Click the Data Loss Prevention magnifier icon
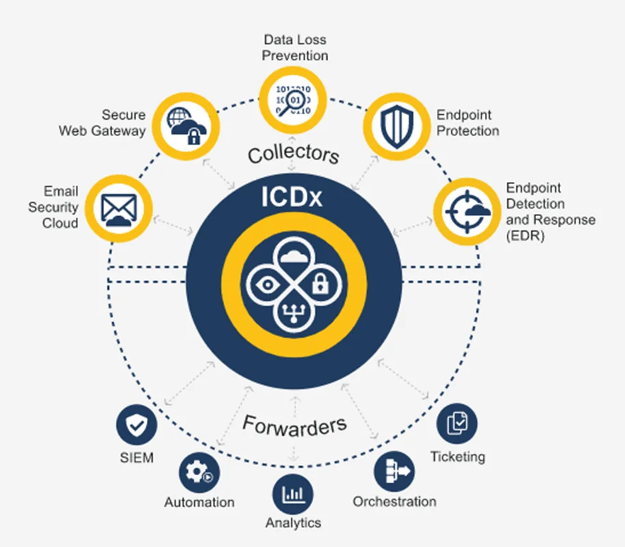pos(293,101)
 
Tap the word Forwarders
pos(294,425)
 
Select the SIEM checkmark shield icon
pos(137,425)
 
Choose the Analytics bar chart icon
pos(293,494)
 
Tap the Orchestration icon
pos(394,472)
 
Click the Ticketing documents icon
pos(457,424)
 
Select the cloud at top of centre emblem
pos(291,256)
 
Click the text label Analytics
pos(293,523)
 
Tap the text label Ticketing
pos(457,456)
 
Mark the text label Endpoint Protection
pos(468,123)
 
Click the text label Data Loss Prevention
pos(295,47)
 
